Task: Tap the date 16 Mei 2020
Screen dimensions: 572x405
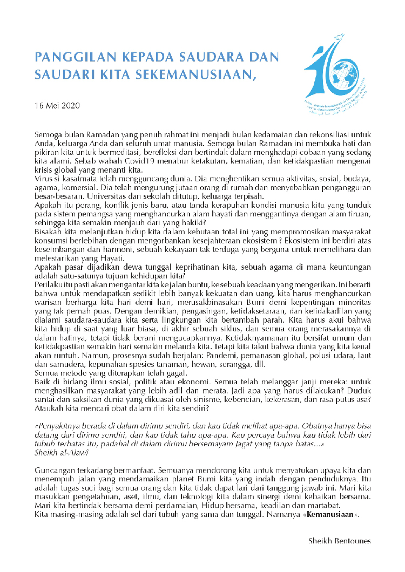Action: click(x=57, y=105)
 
